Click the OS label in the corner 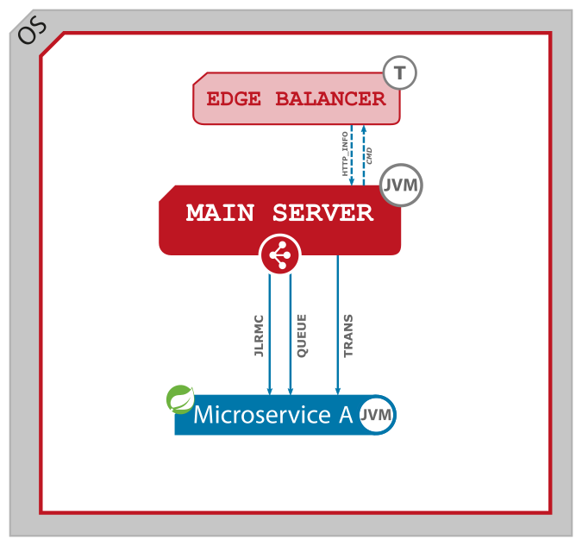(x=31, y=32)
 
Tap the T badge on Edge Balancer (x=399, y=73)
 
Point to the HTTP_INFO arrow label (x=345, y=154)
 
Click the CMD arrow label (x=370, y=156)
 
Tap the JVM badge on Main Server (x=401, y=185)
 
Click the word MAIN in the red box (x=222, y=213)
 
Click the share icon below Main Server (x=279, y=254)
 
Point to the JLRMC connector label (x=259, y=336)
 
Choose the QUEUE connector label (x=302, y=336)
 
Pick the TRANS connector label (x=348, y=336)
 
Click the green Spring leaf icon (x=180, y=399)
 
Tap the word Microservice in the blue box (x=262, y=415)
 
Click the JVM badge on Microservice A (x=377, y=415)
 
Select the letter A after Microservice (x=345, y=415)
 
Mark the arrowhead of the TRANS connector (x=337, y=391)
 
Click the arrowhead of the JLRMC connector (x=270, y=391)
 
